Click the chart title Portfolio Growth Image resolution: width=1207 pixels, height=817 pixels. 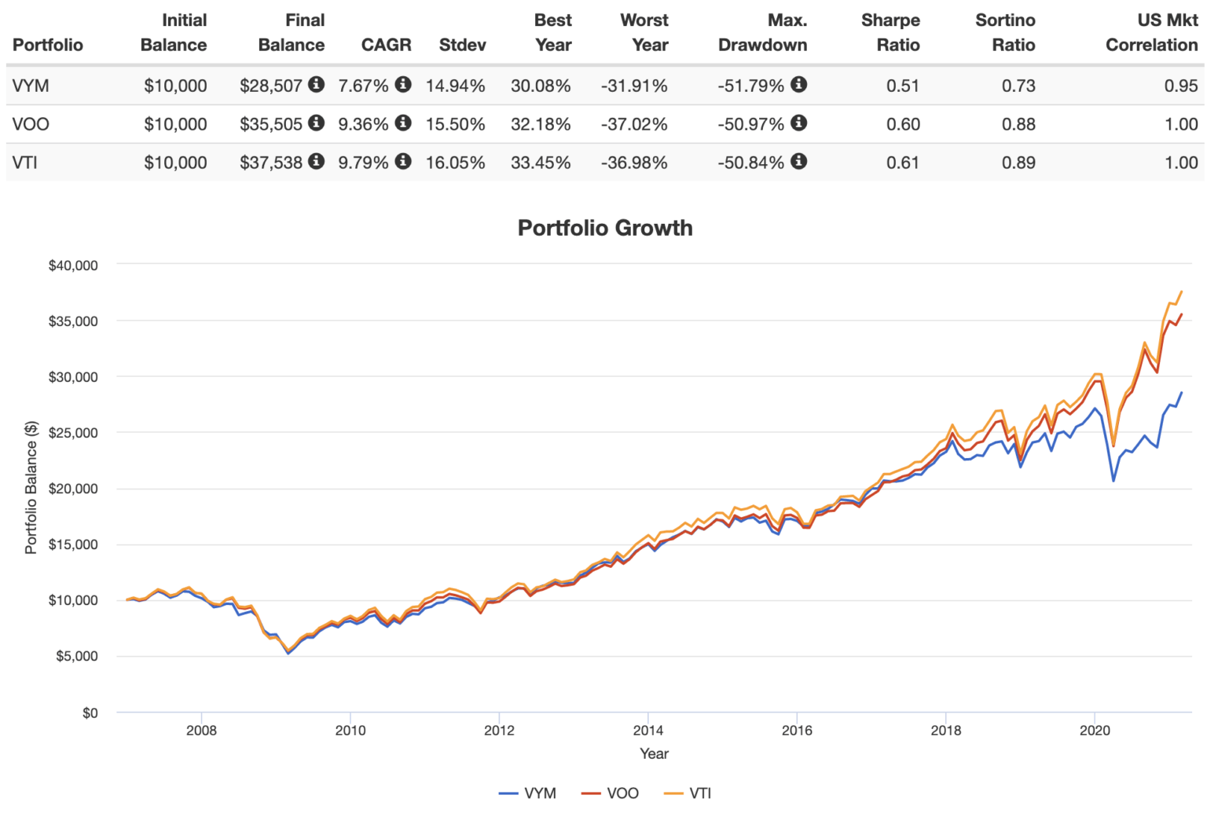[x=604, y=228]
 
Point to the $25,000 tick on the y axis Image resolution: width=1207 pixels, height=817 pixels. [x=73, y=433]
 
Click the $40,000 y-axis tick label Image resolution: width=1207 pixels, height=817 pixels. [x=73, y=266]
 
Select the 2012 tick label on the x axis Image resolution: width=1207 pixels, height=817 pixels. [x=499, y=731]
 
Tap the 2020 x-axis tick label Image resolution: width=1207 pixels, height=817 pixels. [x=1095, y=731]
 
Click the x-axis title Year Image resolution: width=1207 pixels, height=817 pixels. [x=654, y=754]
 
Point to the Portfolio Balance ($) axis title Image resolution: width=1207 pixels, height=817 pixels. [x=31, y=488]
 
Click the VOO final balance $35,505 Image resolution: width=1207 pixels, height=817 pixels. [x=270, y=124]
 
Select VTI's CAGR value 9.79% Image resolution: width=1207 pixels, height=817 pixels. [x=363, y=163]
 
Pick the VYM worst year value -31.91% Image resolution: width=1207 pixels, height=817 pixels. [x=634, y=86]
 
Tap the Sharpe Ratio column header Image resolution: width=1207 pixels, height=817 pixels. [x=890, y=32]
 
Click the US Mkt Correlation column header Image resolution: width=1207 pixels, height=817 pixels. [x=1151, y=32]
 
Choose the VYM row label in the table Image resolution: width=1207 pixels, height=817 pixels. [x=31, y=86]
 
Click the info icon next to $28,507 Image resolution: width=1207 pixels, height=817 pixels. [x=316, y=84]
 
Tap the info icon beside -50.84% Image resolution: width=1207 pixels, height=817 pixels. [x=798, y=161]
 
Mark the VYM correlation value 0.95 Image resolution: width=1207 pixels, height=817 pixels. [x=1180, y=86]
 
